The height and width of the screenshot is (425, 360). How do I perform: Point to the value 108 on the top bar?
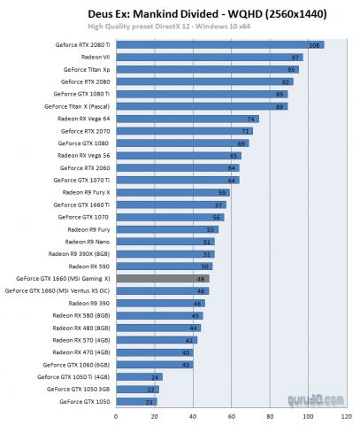[x=313, y=44]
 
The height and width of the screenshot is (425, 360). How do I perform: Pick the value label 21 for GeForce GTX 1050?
[x=152, y=401]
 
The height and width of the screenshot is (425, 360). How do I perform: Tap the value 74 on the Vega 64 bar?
[x=253, y=118]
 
